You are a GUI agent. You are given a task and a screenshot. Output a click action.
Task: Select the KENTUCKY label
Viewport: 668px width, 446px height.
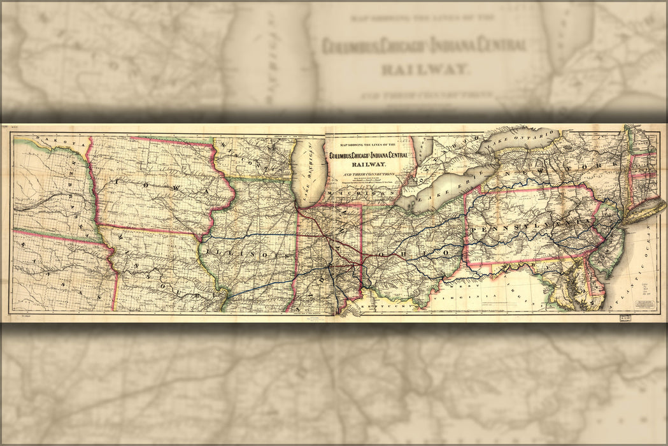375,306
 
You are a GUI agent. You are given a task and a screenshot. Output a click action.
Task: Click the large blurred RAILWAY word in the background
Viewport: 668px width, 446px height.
423,68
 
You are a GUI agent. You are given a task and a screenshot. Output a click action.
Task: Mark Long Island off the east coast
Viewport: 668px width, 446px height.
643,210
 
